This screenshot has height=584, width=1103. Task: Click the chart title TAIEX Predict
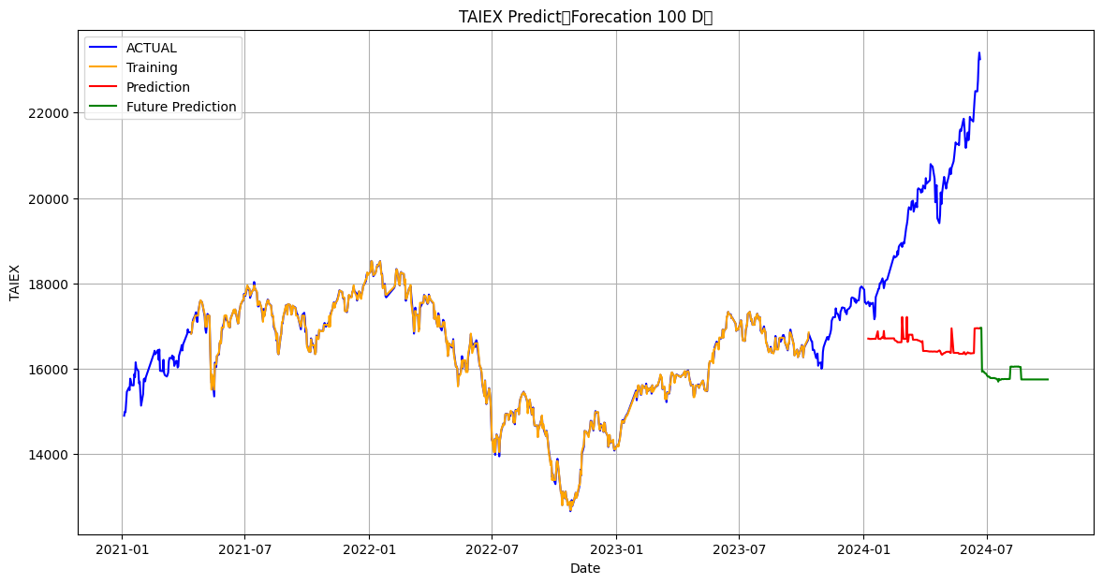coord(585,17)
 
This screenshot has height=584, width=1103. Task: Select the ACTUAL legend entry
coord(151,48)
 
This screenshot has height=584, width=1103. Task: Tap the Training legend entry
coord(152,67)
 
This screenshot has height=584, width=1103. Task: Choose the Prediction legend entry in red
coord(157,87)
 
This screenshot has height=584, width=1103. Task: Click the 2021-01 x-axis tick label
coord(122,547)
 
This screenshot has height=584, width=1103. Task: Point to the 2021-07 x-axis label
coord(244,547)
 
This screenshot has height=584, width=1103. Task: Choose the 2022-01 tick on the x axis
coord(369,547)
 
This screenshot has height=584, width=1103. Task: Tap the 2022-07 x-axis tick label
coord(492,547)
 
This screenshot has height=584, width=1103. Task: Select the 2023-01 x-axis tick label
coord(616,547)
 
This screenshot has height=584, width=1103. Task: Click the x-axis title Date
coord(585,568)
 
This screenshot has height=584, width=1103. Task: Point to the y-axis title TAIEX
coord(14,282)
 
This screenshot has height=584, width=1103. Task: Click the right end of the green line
coord(1048,379)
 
